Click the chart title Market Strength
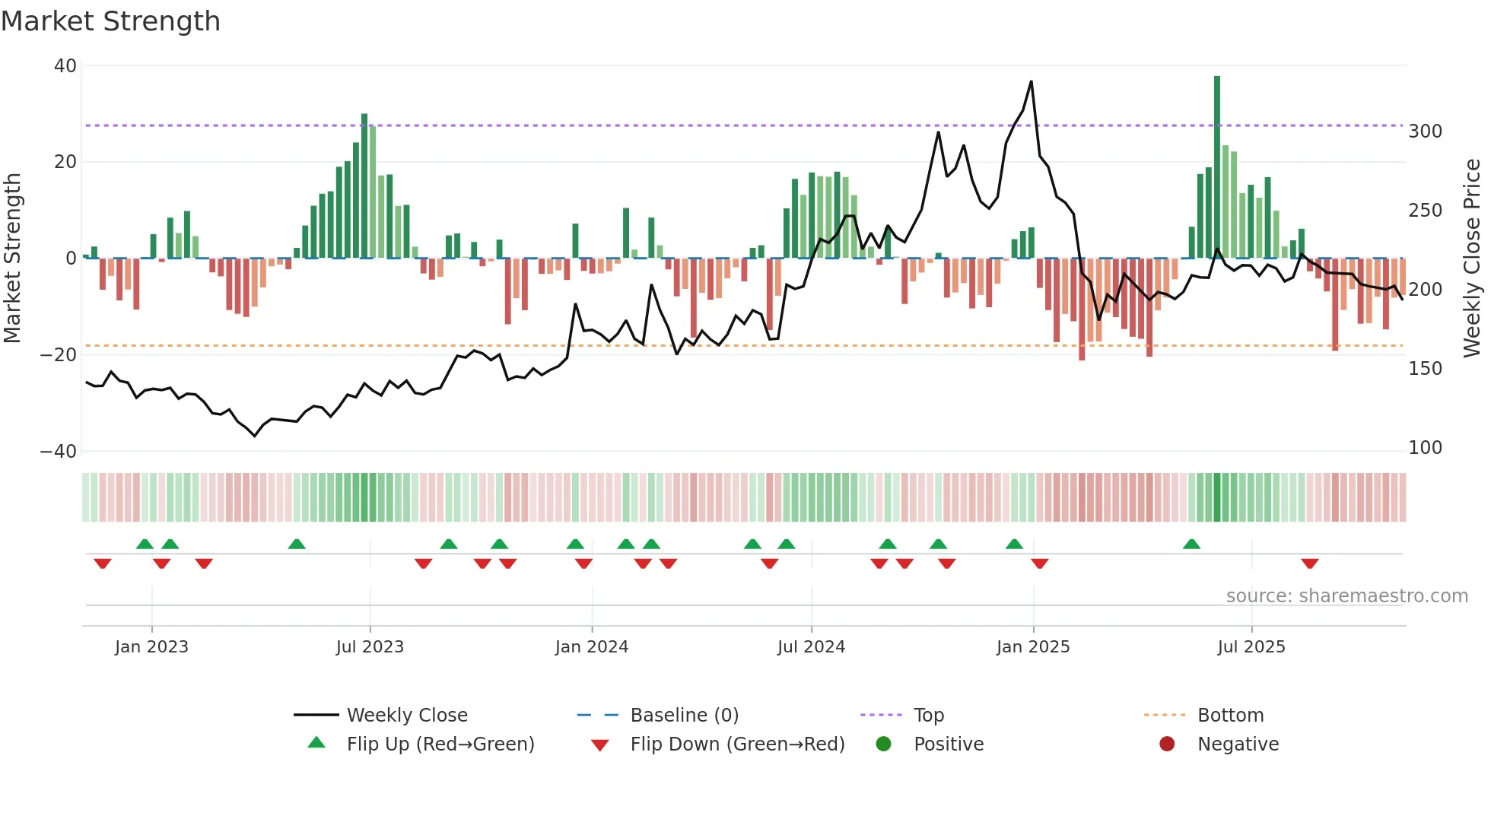click(110, 21)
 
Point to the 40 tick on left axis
click(65, 66)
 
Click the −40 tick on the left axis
click(59, 451)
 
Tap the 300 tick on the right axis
click(1425, 132)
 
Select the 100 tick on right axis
click(1425, 448)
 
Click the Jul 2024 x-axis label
click(811, 647)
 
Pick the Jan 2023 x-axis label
click(151, 647)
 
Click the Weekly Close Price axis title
click(1472, 259)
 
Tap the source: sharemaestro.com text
click(1346, 596)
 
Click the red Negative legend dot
click(1167, 744)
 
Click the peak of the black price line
click(1032, 81)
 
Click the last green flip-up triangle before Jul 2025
click(1192, 544)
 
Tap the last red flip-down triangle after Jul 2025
click(1310, 563)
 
